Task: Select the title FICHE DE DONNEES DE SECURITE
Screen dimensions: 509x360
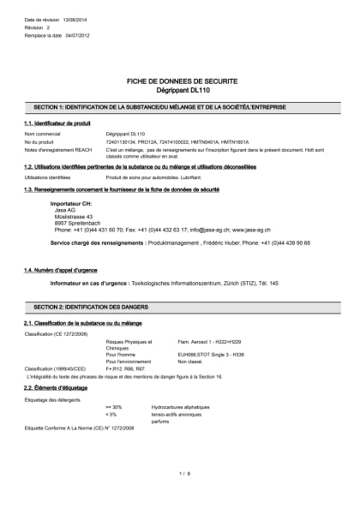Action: click(x=179, y=80)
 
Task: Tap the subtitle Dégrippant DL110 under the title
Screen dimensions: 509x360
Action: click(x=179, y=89)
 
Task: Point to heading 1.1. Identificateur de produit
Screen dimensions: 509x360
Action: click(x=57, y=124)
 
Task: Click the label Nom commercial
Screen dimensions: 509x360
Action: click(x=42, y=135)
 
